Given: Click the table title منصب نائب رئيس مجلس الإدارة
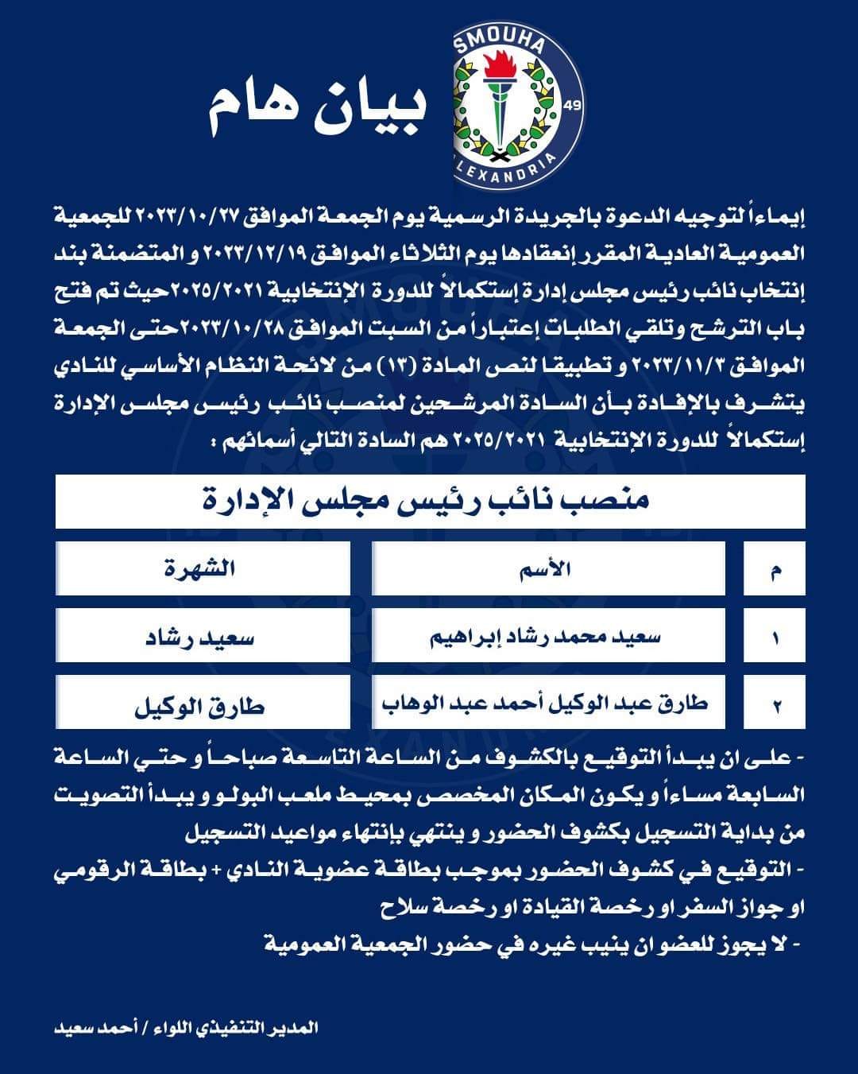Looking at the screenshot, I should click(x=430, y=501).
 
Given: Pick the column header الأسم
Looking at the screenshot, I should click(x=548, y=569).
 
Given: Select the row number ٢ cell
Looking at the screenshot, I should click(x=775, y=704).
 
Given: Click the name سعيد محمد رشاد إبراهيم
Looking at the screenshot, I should click(x=548, y=637).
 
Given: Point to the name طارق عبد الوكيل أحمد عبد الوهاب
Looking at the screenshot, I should click(x=548, y=703).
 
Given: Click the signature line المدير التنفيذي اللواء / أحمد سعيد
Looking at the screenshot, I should click(x=187, y=1027).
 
